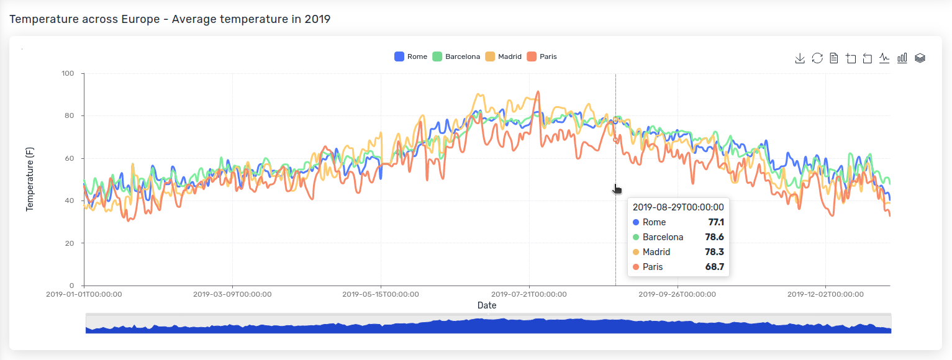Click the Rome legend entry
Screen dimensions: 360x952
(411, 56)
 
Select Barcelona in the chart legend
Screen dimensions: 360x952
(456, 56)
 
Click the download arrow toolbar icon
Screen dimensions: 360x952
(800, 58)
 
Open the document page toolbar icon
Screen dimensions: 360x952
(834, 58)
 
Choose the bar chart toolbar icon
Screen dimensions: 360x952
(902, 58)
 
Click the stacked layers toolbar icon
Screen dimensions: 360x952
(920, 58)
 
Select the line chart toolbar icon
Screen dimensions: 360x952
(884, 58)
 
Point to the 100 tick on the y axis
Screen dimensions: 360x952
(68, 74)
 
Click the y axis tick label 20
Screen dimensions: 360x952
(70, 243)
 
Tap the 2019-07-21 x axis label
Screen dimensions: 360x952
(529, 294)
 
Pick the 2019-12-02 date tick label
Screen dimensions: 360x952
(825, 294)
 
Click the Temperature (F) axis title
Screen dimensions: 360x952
(30, 179)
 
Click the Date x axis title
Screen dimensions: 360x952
(487, 305)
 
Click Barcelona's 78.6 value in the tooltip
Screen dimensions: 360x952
(714, 237)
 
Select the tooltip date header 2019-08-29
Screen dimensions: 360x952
(678, 207)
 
